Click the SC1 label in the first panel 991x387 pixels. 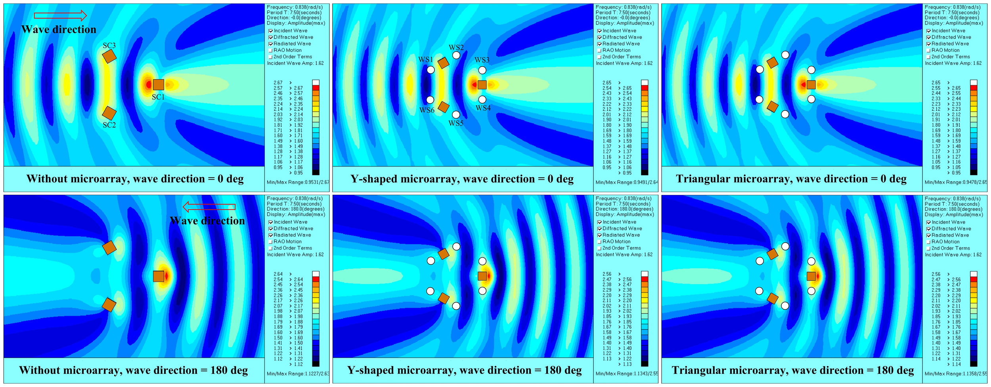158,97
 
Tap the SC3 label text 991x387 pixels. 109,46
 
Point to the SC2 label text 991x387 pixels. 109,125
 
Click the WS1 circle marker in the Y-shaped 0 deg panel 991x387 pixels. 430,70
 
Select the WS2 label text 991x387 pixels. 456,47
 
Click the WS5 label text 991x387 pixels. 456,123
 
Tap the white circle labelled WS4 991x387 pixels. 482,99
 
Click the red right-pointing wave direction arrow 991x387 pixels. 60,15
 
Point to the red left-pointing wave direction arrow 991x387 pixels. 209,207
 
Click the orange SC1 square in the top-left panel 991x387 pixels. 159,84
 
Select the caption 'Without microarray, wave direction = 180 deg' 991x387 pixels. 134,370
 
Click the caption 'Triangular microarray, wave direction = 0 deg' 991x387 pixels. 791,179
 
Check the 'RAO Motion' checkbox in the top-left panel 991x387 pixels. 271,51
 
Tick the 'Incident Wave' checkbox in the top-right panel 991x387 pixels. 928,31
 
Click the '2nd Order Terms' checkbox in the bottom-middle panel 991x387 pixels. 599,249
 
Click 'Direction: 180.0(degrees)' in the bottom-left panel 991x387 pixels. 295,209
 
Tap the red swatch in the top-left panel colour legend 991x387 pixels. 316,88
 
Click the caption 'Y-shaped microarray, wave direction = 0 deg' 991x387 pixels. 462,179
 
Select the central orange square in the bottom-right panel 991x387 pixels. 811,276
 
